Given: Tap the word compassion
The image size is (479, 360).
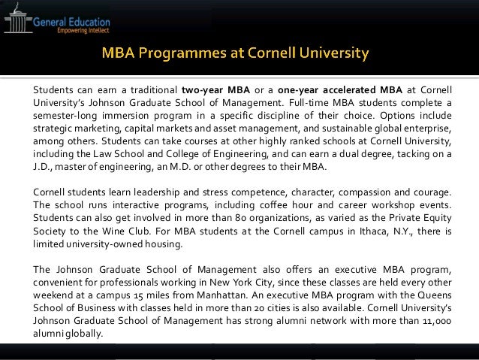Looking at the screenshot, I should point(352,194).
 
